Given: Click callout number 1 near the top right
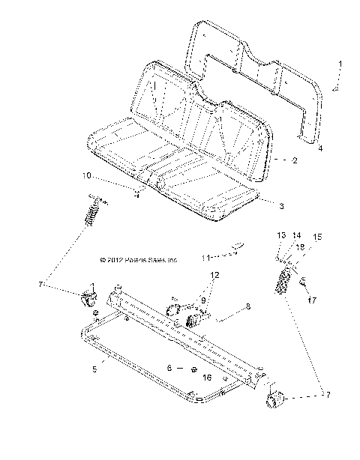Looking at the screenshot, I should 339,64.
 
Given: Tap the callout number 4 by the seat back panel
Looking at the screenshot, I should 320,148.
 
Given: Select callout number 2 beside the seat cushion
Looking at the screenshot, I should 274,160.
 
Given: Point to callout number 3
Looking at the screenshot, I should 259,205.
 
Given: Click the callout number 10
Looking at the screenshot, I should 107,177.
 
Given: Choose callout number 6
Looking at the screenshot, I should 171,369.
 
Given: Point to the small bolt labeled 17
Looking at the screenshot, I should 300,282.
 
